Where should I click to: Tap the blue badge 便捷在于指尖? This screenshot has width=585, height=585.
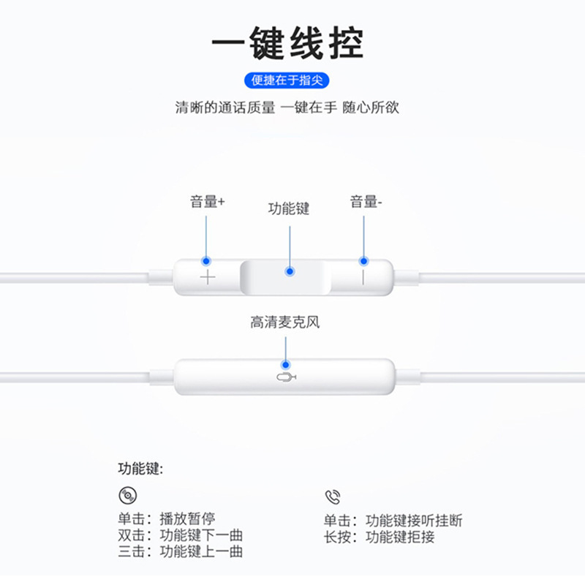[x=292, y=80]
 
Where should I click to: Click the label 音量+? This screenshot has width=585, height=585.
[x=207, y=203]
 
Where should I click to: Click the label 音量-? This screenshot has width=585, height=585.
[x=366, y=203]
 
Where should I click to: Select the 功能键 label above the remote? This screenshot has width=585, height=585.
[x=289, y=209]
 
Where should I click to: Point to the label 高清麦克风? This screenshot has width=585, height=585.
[x=285, y=322]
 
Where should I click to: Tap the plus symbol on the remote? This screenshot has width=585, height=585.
[x=208, y=277]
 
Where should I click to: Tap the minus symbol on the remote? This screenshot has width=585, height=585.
[x=363, y=277]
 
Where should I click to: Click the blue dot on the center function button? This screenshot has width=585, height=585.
[x=290, y=271]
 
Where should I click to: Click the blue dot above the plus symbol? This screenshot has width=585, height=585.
[x=207, y=260]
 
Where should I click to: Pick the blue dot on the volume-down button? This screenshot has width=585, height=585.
[x=363, y=260]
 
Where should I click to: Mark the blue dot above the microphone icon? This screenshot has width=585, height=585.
[x=285, y=363]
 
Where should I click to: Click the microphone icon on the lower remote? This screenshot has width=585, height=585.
[x=286, y=377]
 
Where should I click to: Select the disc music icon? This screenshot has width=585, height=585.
[x=127, y=497]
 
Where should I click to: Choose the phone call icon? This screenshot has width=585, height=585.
[x=333, y=497]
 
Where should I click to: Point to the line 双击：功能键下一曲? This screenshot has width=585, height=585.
[x=180, y=536]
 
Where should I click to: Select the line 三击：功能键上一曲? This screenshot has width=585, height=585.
[x=180, y=552]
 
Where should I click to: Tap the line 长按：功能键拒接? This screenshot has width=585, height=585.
[x=380, y=537]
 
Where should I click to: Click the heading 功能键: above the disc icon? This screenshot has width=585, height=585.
[x=140, y=469]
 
